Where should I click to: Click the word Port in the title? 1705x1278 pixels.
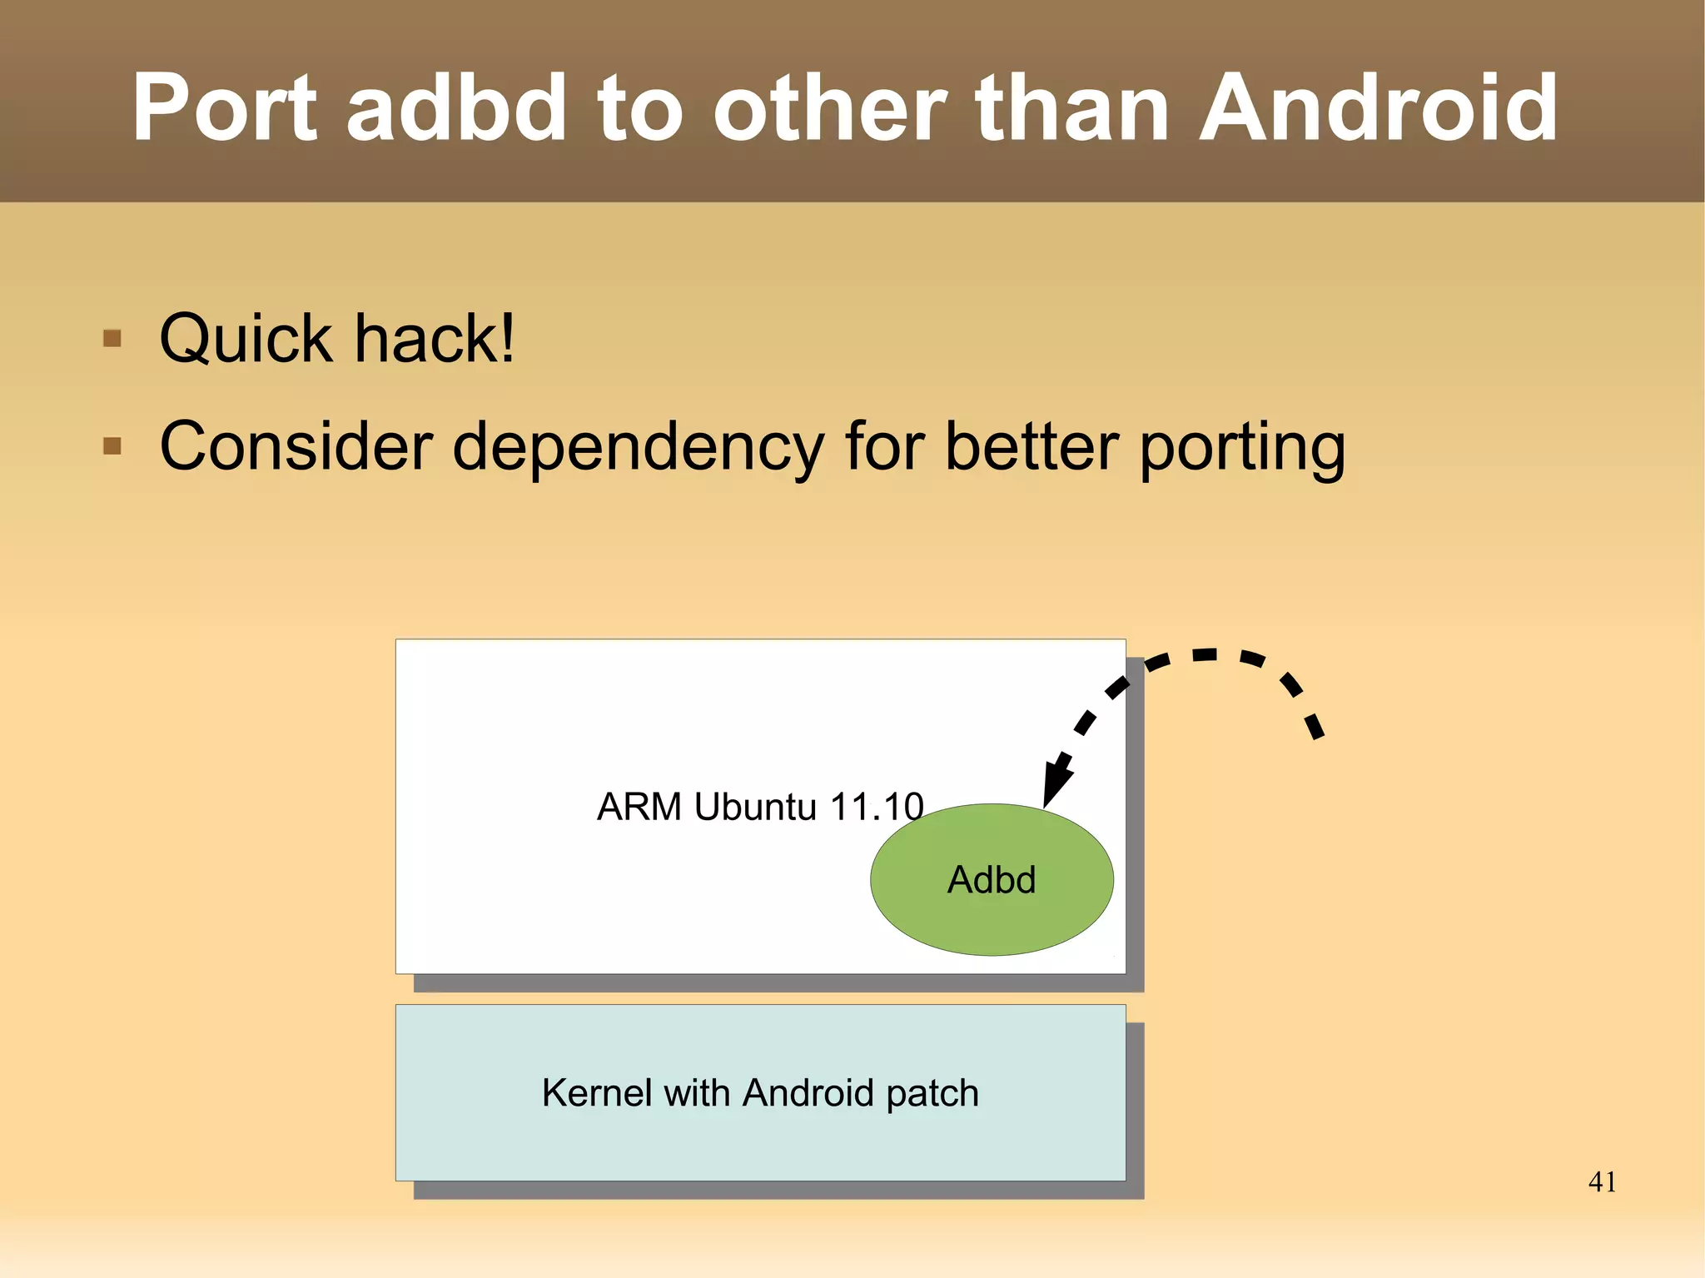(225, 108)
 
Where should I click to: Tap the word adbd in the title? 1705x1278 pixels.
(456, 108)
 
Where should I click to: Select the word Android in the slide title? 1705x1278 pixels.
(1378, 108)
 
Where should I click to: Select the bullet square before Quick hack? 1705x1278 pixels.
(112, 339)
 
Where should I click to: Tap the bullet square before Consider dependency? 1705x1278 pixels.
(112, 446)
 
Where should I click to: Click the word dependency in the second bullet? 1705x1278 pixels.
(638, 448)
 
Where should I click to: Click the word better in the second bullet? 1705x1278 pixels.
(1031, 446)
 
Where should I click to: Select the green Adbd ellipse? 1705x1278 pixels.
(992, 880)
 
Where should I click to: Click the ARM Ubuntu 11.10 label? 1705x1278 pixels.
(759, 807)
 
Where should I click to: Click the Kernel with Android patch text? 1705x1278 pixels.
(759, 1093)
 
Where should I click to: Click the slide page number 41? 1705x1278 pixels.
(1602, 1181)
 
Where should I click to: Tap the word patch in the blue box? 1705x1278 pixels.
(932, 1093)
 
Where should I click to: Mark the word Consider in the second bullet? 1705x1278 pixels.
(296, 446)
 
